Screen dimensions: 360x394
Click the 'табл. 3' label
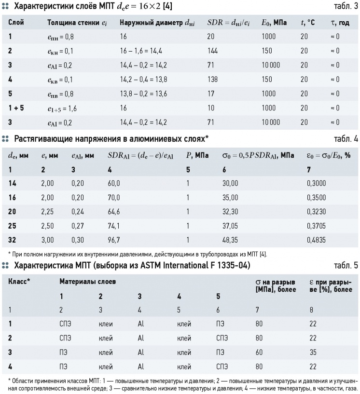[x=346, y=6]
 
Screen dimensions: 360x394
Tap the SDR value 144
[x=213, y=51]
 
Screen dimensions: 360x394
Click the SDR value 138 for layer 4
[x=213, y=80]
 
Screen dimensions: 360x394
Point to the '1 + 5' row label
[x=16, y=108]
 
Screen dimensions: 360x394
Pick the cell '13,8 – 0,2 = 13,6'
[x=143, y=94]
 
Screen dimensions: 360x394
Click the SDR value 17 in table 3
[x=211, y=94]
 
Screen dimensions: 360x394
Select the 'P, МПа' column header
[x=197, y=156]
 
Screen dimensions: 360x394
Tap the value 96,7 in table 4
[x=114, y=240]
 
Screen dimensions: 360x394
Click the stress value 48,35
[x=230, y=240]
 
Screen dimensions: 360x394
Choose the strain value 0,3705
[x=316, y=226]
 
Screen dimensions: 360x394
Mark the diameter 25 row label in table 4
[x=12, y=226]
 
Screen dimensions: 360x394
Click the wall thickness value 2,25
[x=47, y=212]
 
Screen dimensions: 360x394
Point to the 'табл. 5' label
[x=346, y=265]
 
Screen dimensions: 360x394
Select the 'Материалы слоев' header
[x=88, y=282]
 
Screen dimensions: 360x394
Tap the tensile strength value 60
[x=259, y=353]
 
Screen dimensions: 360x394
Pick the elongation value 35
[x=313, y=353]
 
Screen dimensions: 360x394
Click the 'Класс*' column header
[x=19, y=282]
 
